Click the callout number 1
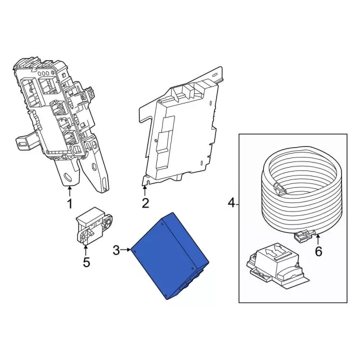tap(70, 203)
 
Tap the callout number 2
tap(145, 203)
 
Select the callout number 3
tap(116, 250)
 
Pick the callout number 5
tap(86, 262)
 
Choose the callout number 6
tap(318, 251)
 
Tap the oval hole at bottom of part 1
tap(69, 177)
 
